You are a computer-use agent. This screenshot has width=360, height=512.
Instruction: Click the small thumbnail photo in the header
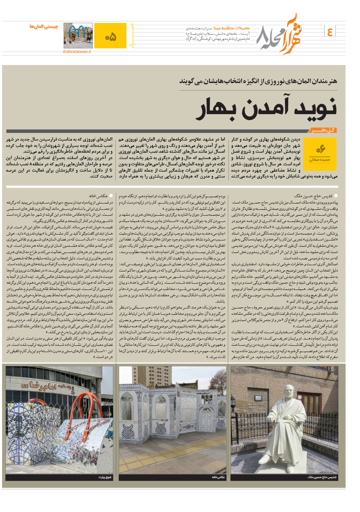pos(78,35)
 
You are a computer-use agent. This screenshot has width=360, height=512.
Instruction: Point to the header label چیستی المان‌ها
pos(44,26)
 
